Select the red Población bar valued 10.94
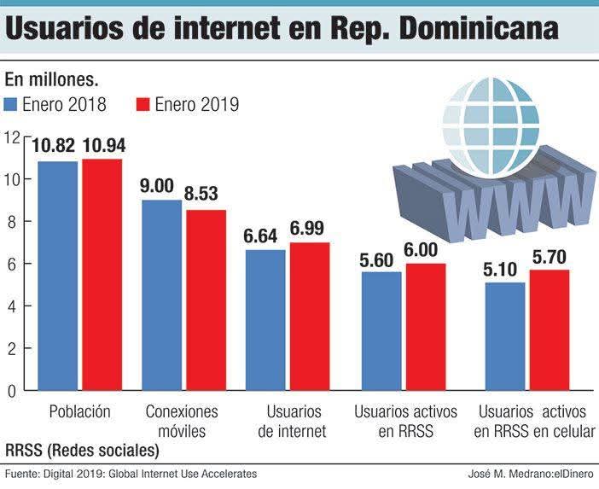point(102,275)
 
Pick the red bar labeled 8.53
point(206,300)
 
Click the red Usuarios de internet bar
point(309,317)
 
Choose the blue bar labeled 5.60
point(381,331)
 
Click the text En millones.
point(52,81)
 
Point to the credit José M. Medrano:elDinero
point(531,474)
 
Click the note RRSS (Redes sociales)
point(83,449)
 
